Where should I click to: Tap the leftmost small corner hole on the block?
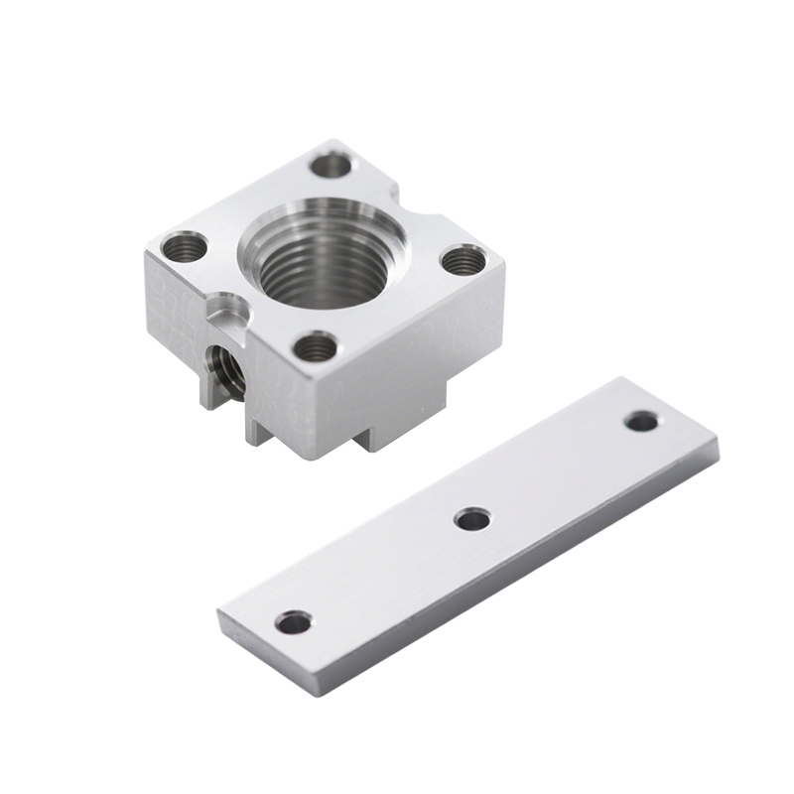[x=184, y=246]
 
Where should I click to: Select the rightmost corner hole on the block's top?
[x=463, y=261]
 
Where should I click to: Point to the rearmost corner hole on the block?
[x=331, y=164]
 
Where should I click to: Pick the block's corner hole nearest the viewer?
[x=315, y=346]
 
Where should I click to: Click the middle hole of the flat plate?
[x=472, y=518]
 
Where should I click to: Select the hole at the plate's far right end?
[x=641, y=421]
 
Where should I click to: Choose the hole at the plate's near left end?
[x=294, y=622]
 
